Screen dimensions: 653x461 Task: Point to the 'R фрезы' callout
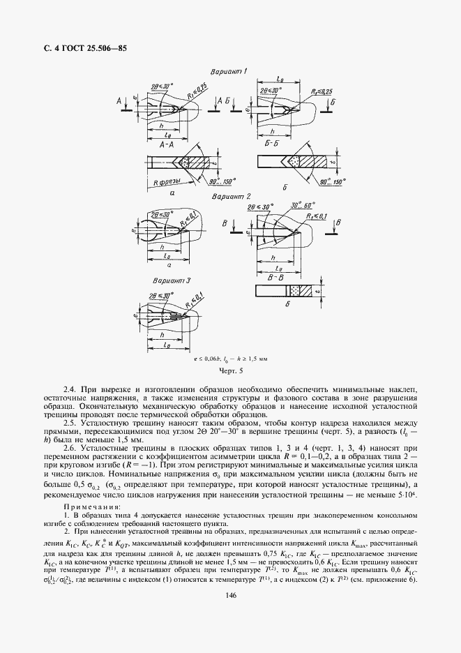(x=165, y=182)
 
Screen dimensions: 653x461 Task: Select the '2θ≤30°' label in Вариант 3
(x=159, y=294)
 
